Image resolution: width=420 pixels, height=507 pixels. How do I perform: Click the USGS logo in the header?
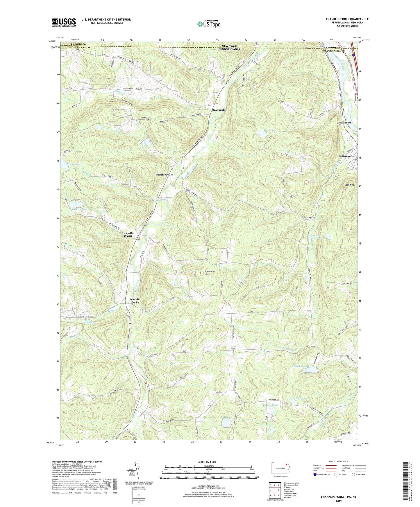pos(64,22)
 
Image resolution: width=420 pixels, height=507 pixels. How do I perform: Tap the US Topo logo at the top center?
pos(208,24)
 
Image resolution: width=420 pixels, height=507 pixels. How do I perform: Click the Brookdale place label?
pos(219,110)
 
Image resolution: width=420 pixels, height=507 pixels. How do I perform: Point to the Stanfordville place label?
pos(165,175)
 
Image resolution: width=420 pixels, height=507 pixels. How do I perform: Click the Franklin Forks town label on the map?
pos(135,301)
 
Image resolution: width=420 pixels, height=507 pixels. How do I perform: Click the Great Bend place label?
pos(344,123)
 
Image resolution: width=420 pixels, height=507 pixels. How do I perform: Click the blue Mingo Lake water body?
pos(263,134)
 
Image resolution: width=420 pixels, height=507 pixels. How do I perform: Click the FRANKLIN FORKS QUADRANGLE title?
pos(347,19)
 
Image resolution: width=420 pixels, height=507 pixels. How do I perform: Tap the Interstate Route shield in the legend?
pos(315,474)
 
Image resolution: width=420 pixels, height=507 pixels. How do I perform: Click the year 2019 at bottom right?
pos(339,501)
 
